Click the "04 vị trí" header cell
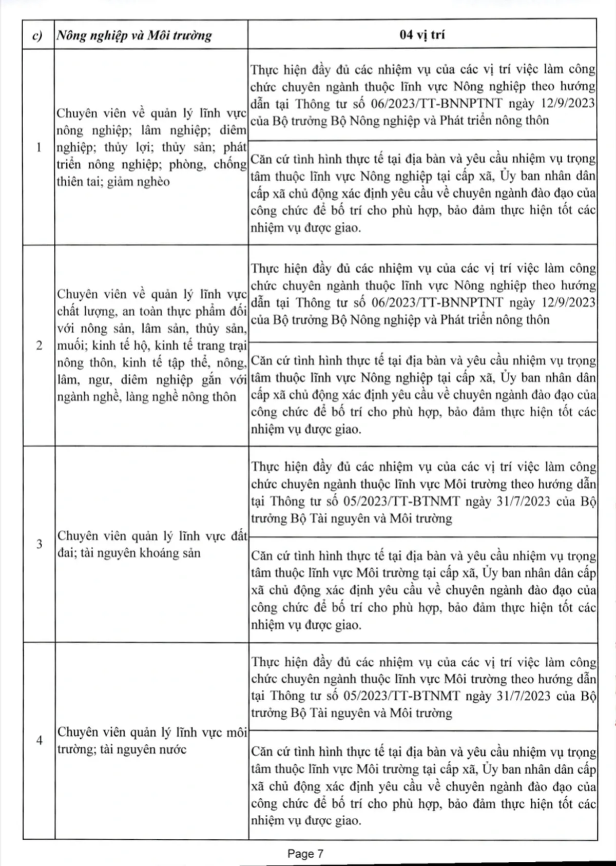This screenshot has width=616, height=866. pos(422,35)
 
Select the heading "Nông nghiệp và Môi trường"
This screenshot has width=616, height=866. pos(134,35)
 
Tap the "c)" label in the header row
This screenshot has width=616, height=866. pos(37,36)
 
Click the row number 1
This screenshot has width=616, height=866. pos(39,148)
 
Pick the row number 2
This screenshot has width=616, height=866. pos(39,345)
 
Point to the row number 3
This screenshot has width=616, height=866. pos(39,544)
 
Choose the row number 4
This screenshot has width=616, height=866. pos(39,740)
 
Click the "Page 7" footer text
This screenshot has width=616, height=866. pos(306,854)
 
